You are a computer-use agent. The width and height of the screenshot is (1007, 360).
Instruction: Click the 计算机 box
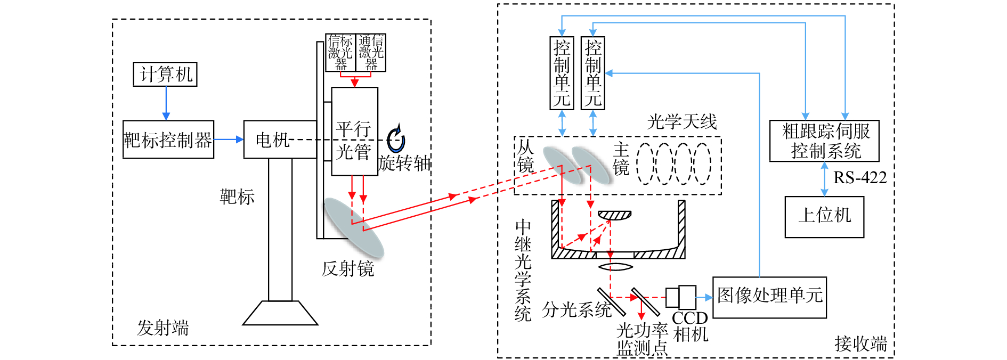pos(165,74)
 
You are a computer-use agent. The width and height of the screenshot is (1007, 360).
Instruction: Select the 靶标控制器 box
pos(168,140)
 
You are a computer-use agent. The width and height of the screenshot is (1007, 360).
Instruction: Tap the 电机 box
pos(273,140)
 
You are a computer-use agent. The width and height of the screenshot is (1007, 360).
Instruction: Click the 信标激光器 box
pos(340,52)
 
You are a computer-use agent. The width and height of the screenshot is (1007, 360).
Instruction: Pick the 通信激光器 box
pos(371,52)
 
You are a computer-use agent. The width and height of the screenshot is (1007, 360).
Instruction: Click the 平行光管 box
pos(354,132)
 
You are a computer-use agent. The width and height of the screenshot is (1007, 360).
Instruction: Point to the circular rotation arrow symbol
pos(395,140)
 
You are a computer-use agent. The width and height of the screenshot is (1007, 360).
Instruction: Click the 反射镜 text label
pos(347,268)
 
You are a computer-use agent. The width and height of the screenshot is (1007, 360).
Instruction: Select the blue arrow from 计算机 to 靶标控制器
pos(166,103)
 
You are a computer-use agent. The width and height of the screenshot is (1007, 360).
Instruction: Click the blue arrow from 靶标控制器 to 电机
pos(229,140)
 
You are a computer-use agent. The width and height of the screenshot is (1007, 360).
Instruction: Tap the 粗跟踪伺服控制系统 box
pos(824,141)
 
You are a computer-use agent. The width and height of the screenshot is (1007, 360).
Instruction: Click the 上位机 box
pos(824,216)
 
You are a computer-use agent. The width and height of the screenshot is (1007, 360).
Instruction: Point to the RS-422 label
pos(859,177)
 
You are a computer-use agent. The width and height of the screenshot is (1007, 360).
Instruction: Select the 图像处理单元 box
pos(769,297)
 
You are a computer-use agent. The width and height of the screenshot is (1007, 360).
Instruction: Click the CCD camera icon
pos(681,297)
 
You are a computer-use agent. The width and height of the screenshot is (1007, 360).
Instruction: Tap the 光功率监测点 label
pos(642,339)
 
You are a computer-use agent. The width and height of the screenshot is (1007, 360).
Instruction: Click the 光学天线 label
pos(681,122)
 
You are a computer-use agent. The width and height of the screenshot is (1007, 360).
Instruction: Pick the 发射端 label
pos(163,328)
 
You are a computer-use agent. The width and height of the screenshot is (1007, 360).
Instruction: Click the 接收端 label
pos(860,343)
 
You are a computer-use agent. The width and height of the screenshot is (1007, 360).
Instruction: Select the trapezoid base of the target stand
pos(280,313)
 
